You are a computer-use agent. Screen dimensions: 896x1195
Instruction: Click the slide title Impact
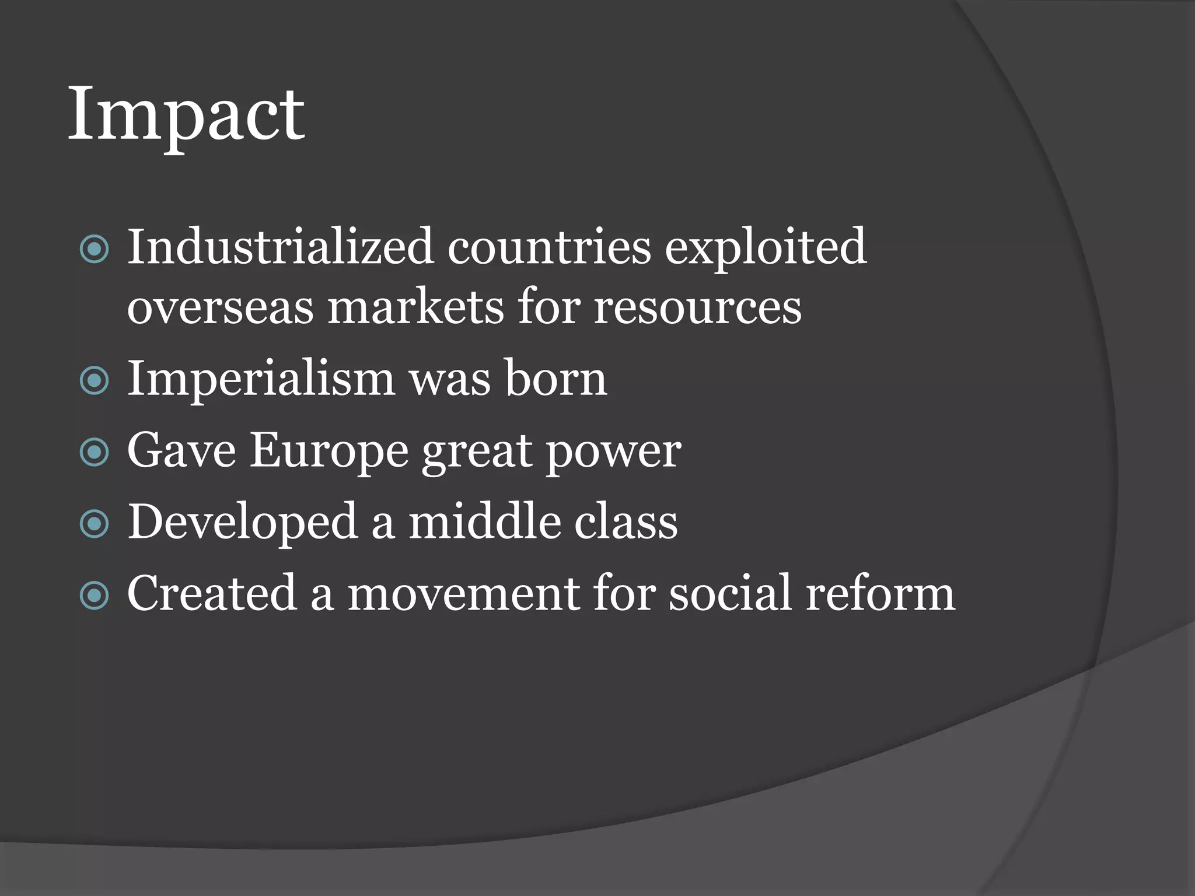(x=186, y=114)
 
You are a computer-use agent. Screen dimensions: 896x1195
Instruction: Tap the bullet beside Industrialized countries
(x=94, y=250)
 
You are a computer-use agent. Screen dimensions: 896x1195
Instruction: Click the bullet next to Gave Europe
(x=94, y=453)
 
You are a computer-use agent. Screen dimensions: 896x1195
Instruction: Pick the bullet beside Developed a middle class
(x=94, y=524)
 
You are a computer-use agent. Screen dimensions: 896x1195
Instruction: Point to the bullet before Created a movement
(x=94, y=596)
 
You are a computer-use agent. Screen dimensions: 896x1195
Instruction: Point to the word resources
(x=697, y=308)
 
